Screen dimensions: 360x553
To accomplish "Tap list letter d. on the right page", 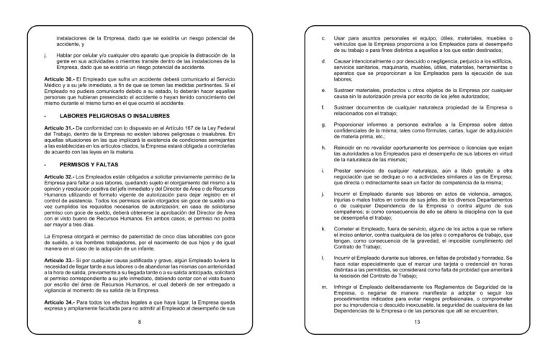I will pos(323,62).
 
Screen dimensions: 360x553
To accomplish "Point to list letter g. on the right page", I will pos(323,125).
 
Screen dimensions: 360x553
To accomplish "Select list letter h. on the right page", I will pos(323,148).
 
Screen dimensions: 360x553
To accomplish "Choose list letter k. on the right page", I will pos(323,228).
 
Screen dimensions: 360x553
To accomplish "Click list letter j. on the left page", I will pos(45,55).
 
